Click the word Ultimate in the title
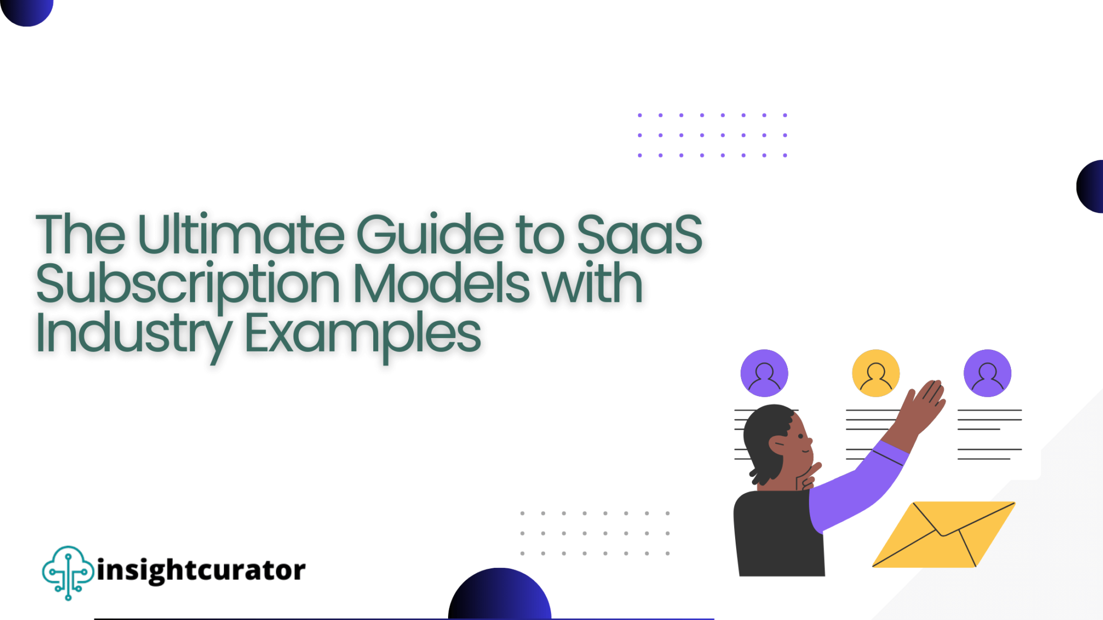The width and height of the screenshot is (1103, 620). click(x=241, y=235)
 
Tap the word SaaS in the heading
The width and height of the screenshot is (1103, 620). click(x=639, y=235)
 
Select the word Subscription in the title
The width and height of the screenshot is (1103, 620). click(x=187, y=284)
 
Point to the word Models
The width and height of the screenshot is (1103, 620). click(x=441, y=284)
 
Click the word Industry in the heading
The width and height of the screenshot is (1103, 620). click(x=134, y=334)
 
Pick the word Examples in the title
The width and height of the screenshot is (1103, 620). click(x=362, y=334)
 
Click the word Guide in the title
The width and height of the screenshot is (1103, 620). click(x=430, y=235)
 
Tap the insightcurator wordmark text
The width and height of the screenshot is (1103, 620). click(x=201, y=570)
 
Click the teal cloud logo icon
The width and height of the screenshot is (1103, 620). click(x=68, y=572)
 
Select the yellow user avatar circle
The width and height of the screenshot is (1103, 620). click(x=876, y=373)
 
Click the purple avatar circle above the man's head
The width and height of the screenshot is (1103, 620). click(x=764, y=373)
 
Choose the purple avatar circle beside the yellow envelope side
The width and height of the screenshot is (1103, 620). click(x=987, y=373)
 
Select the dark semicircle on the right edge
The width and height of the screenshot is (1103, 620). click(x=1091, y=186)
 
